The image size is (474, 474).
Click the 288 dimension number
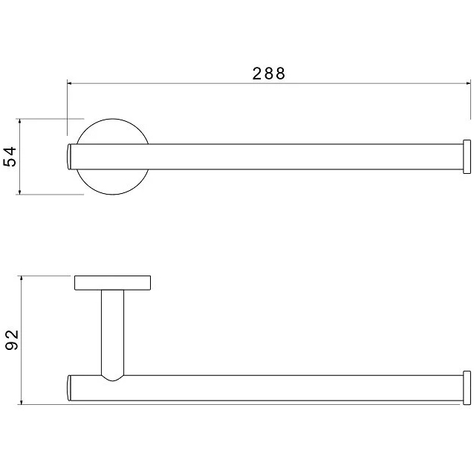click(x=269, y=74)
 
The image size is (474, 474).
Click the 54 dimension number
click(x=10, y=157)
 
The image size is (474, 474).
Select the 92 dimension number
click(x=12, y=340)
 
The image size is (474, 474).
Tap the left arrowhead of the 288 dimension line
click(x=69, y=83)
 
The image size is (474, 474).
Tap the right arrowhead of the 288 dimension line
click(x=468, y=83)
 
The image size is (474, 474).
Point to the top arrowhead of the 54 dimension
click(x=19, y=121)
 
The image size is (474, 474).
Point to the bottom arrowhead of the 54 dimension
click(x=19, y=192)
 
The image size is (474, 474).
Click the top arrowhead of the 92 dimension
click(x=21, y=278)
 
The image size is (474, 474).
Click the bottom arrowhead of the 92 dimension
click(x=21, y=402)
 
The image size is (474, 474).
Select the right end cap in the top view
click(x=467, y=157)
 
